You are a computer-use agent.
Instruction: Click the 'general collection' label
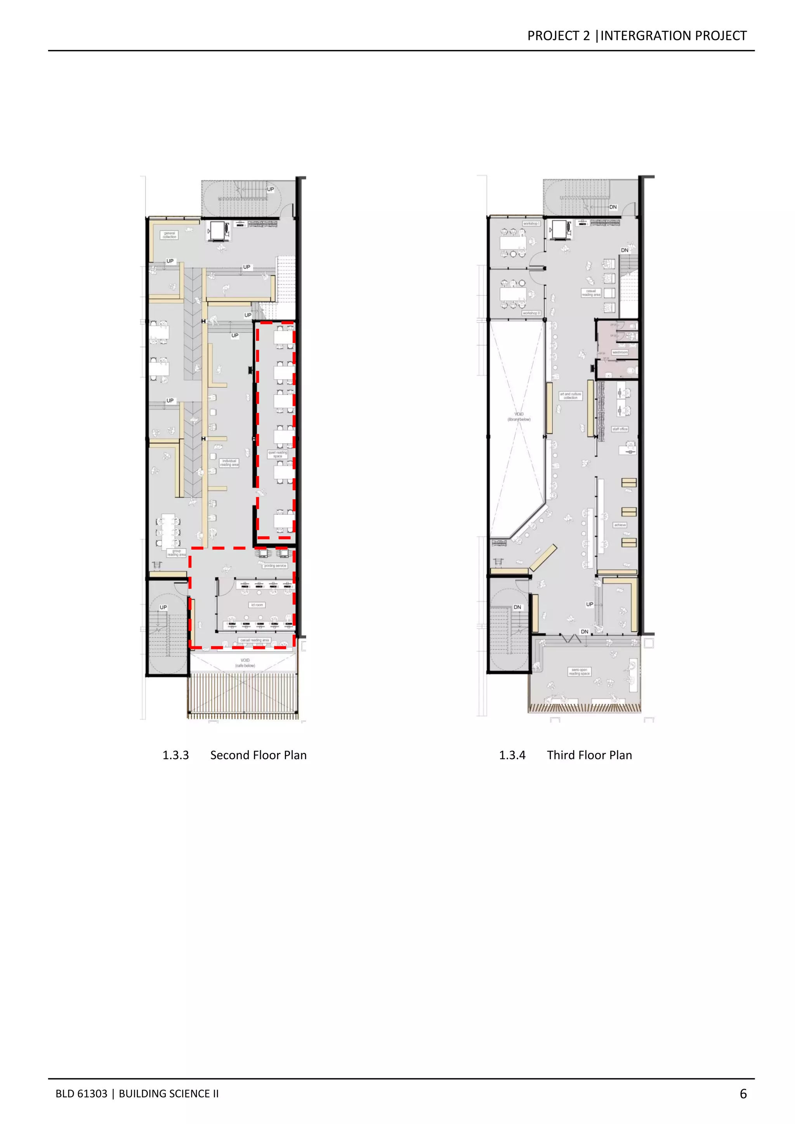click(169, 235)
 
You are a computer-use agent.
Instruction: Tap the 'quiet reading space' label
click(278, 454)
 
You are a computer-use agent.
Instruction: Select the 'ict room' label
click(257, 605)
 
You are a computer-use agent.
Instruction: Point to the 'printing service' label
click(275, 566)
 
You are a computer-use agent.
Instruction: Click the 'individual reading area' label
click(229, 463)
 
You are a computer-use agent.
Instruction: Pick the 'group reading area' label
click(176, 553)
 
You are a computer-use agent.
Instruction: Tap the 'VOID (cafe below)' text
click(245, 663)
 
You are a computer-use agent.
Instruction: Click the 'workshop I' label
click(531, 224)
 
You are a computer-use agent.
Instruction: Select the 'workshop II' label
click(531, 313)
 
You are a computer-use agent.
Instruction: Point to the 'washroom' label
click(620, 352)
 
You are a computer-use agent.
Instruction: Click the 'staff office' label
click(620, 429)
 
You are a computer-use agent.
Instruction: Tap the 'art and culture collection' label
click(570, 396)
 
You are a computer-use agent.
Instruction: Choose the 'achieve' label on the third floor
click(620, 525)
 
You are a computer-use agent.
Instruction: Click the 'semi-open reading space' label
click(579, 672)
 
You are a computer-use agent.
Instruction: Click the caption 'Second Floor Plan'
click(259, 755)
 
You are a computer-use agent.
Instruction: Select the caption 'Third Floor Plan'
click(589, 755)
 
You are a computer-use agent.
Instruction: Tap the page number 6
click(743, 1094)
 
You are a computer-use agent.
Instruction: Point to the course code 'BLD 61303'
click(81, 1094)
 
